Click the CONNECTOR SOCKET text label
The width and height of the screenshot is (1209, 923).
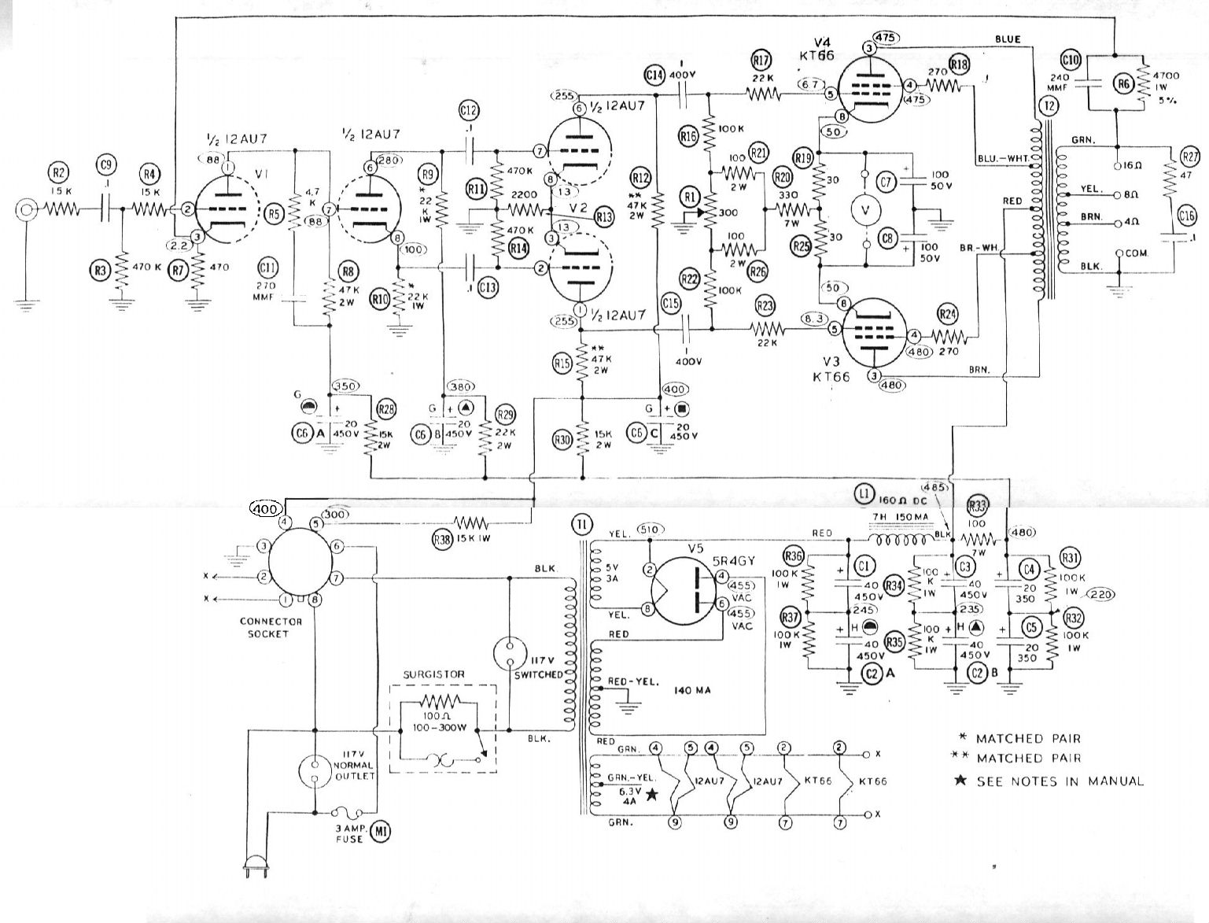point(271,627)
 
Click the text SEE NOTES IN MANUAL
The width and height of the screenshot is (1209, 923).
point(1060,781)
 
